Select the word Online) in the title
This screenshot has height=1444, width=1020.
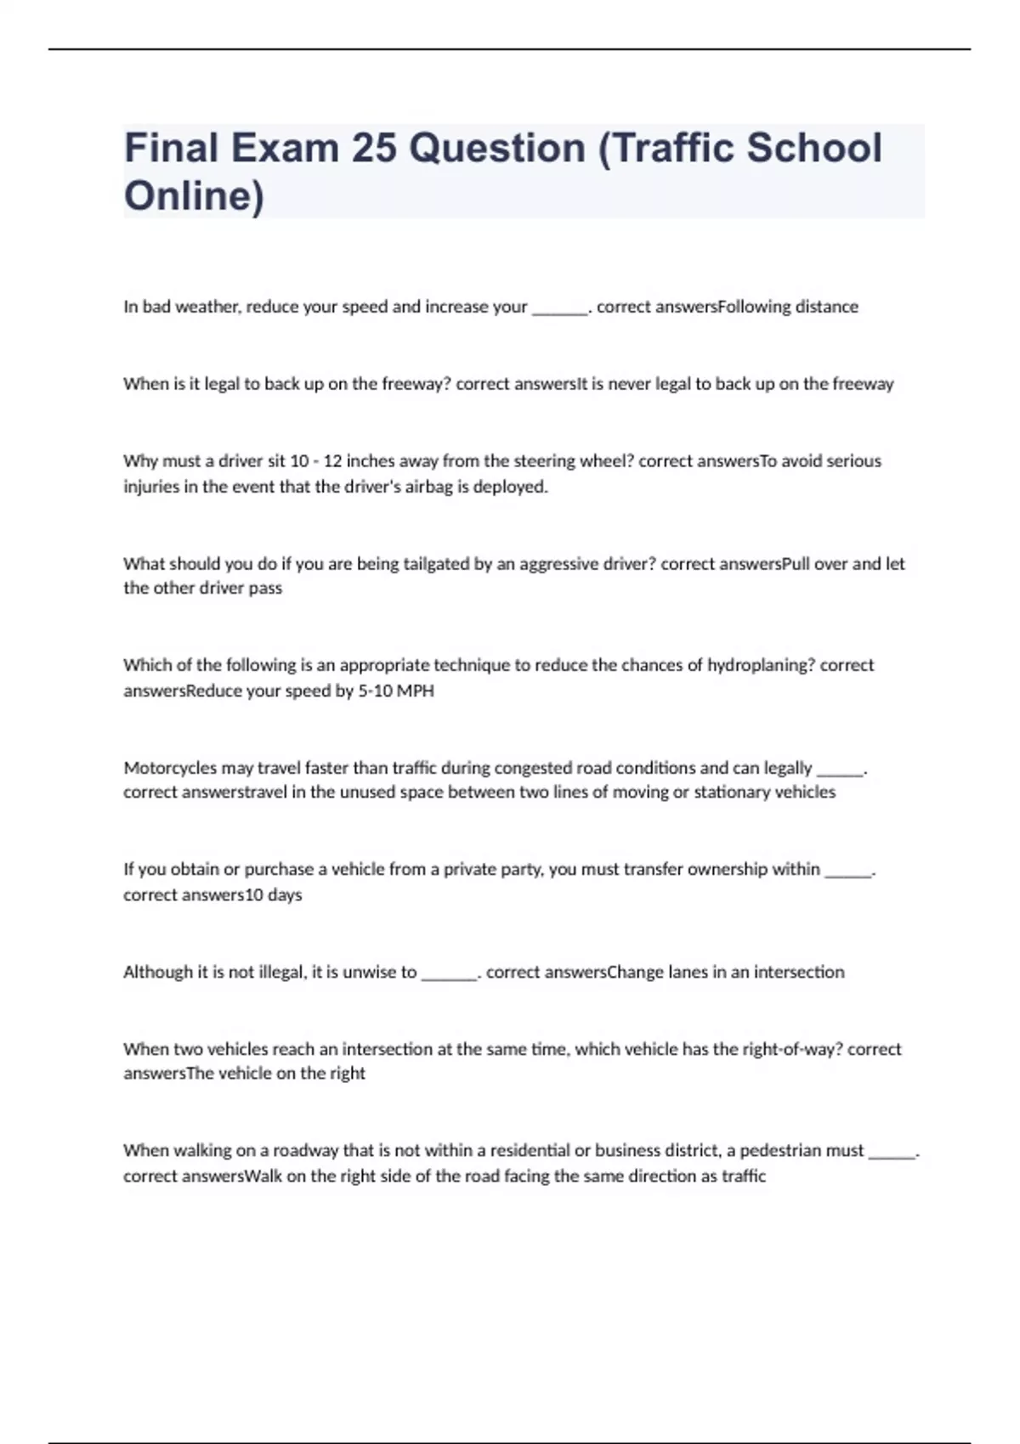coord(194,195)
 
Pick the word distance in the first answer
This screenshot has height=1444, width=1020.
coord(826,307)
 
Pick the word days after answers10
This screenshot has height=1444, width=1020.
coord(285,894)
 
